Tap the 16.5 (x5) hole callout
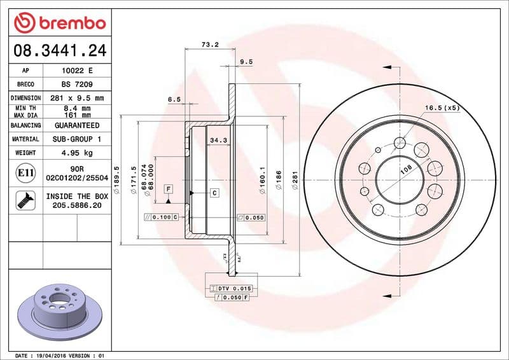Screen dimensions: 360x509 point(442,108)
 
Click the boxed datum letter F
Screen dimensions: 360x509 point(169,189)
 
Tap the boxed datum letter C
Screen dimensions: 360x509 point(214,193)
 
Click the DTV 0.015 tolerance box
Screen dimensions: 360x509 point(234,289)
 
